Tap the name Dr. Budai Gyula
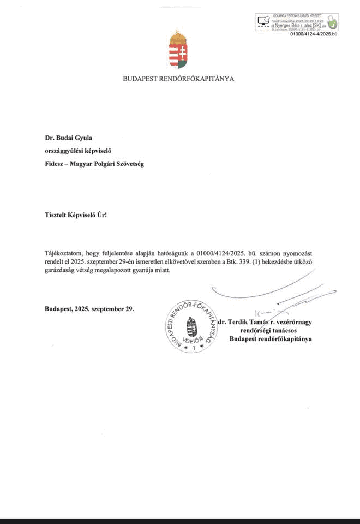pyautogui.click(x=73, y=139)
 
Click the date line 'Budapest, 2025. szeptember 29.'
pyautogui.click(x=89, y=309)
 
